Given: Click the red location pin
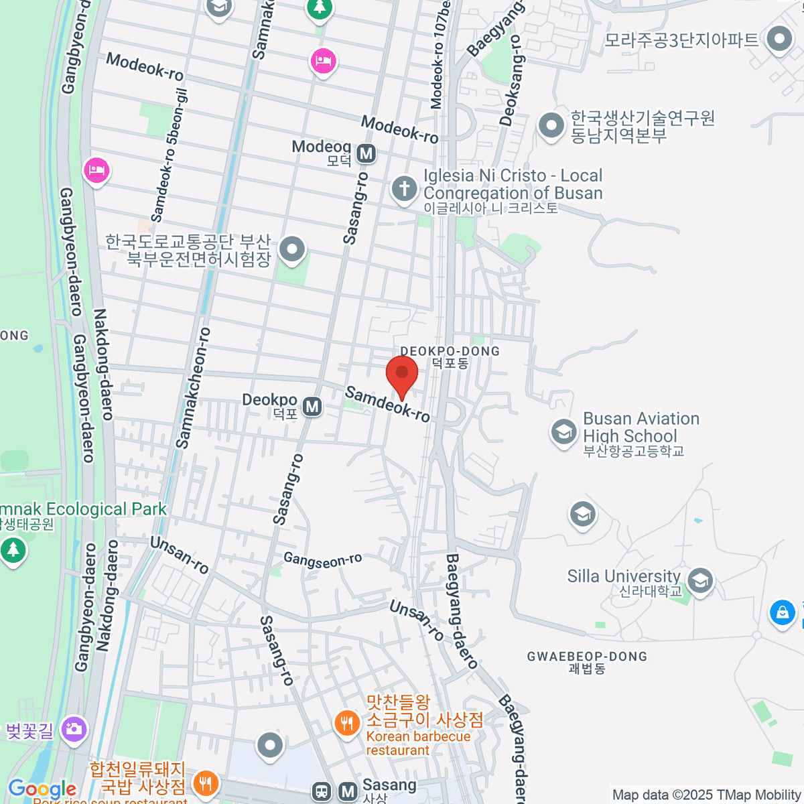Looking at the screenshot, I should pyautogui.click(x=402, y=375).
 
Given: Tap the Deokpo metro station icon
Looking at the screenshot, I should pyautogui.click(x=312, y=407).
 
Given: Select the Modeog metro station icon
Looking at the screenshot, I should pyautogui.click(x=366, y=153).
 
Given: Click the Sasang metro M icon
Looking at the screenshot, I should pyautogui.click(x=348, y=791).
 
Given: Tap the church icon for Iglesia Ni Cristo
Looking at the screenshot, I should pyautogui.click(x=404, y=188).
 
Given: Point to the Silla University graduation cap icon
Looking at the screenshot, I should pyautogui.click(x=700, y=580).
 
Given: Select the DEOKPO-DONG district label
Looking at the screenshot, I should pyautogui.click(x=450, y=352).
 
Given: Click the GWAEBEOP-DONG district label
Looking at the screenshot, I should pyautogui.click(x=587, y=657).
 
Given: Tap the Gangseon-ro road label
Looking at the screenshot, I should pyautogui.click(x=322, y=559).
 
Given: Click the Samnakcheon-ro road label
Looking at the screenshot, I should pyautogui.click(x=193, y=388).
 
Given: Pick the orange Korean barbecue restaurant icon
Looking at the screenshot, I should pyautogui.click(x=347, y=724).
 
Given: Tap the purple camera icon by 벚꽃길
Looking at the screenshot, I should pyautogui.click(x=74, y=729).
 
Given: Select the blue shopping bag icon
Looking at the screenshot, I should pyautogui.click(x=782, y=612).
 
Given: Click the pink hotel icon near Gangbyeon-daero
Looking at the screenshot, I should pyautogui.click(x=96, y=170).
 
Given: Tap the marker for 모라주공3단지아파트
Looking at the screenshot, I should pyautogui.click(x=779, y=39).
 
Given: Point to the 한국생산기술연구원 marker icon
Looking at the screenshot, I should pyautogui.click(x=551, y=125).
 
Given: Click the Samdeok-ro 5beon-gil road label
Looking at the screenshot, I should pyautogui.click(x=169, y=155).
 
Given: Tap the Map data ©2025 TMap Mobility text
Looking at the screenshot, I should pyautogui.click(x=706, y=795).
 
